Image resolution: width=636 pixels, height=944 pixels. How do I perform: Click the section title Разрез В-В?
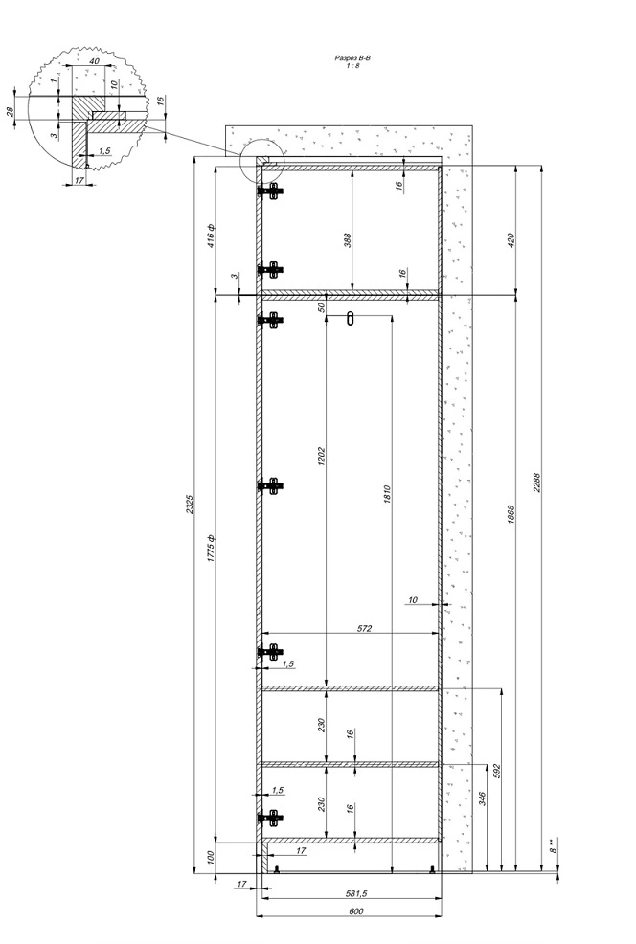tap(352, 58)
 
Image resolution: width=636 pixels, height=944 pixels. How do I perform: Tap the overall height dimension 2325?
tap(188, 504)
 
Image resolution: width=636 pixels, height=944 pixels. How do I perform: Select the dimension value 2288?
tap(536, 483)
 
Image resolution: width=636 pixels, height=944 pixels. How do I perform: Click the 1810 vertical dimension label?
tap(387, 494)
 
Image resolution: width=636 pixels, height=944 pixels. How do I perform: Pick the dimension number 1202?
tap(321, 457)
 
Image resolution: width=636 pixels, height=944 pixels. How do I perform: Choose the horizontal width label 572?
tap(364, 628)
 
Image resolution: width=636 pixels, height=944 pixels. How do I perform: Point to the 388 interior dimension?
tap(347, 240)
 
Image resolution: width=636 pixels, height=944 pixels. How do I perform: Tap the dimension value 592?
tap(496, 772)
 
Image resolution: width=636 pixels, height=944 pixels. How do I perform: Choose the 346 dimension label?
tap(482, 798)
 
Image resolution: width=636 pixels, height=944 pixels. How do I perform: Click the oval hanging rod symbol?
tap(351, 318)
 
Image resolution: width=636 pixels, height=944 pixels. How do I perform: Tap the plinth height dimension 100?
tap(211, 857)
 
